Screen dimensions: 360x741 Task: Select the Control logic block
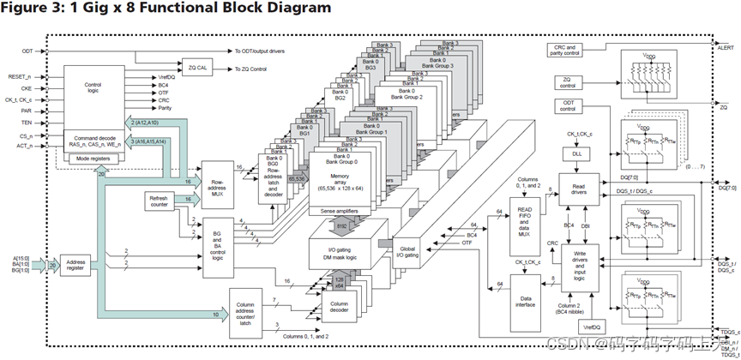[93, 90]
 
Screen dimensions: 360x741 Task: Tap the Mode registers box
[93, 159]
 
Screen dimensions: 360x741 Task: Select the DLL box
[575, 153]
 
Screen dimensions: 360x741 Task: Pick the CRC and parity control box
[567, 51]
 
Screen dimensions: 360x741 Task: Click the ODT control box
[567, 107]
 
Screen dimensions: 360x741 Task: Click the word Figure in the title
[26, 8]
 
